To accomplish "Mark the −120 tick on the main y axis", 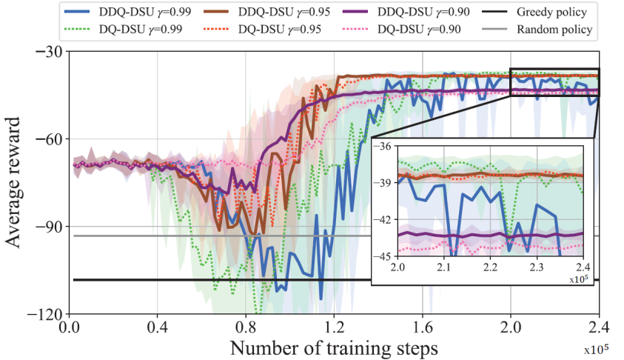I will click(x=44, y=314).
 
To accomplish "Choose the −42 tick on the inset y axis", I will click(x=386, y=220).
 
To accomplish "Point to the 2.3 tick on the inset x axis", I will click(x=537, y=266).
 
